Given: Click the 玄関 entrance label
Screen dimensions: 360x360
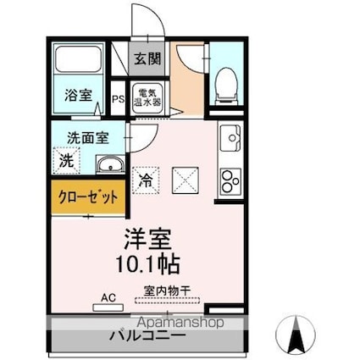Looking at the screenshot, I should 147,59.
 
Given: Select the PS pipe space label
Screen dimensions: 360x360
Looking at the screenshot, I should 119,97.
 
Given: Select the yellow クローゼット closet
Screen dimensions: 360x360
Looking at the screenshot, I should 88,197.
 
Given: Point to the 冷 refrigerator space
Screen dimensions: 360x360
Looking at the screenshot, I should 146,180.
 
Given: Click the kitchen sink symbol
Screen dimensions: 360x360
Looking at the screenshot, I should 230,136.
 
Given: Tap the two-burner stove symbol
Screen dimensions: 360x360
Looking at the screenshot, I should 230,178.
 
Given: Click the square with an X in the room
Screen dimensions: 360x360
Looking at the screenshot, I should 186,180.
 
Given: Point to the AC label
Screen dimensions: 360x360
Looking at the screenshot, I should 108,297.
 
